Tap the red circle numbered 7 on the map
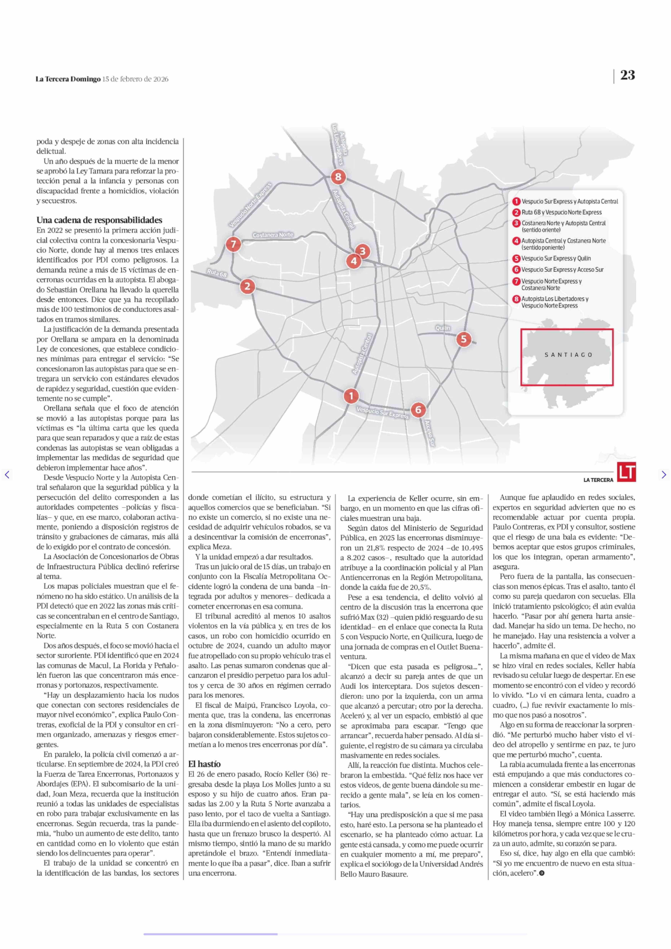point(233,244)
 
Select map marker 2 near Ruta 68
point(247,286)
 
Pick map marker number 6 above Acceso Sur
point(418,410)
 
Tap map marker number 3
point(363,251)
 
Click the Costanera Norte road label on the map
point(273,235)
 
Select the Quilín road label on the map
point(443,328)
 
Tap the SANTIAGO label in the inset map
point(568,355)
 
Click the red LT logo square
point(626,472)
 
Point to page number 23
point(627,75)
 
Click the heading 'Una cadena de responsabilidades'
point(99,220)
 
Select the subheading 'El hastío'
point(204,764)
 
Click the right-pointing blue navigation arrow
point(664,474)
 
